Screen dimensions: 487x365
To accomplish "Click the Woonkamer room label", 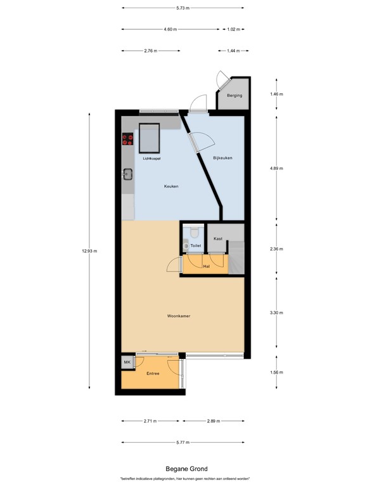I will (179, 315).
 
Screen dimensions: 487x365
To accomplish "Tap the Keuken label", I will (171, 186).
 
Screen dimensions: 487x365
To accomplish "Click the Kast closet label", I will (218, 238).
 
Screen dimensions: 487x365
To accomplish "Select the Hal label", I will (206, 266).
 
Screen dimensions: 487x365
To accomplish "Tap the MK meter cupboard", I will (127, 362).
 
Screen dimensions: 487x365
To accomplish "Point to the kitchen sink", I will (127, 172).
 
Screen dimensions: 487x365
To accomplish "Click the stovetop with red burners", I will (127, 141).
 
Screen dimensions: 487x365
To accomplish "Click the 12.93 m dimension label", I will (90, 250).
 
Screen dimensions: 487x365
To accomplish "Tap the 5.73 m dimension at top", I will (182, 8).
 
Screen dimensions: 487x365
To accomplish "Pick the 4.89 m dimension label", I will (276, 169).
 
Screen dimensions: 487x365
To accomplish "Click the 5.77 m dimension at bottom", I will (182, 443).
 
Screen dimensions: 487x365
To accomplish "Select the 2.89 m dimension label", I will (214, 421).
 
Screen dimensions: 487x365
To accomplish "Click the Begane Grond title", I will (182, 468).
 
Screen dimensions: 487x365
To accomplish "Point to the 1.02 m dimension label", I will (234, 29).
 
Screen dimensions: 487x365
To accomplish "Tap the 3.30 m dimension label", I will (276, 313).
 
